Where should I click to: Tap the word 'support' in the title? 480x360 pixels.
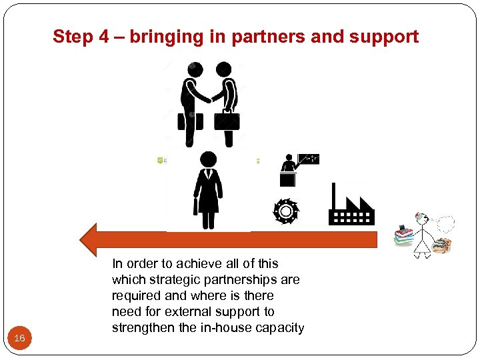tap(383, 37)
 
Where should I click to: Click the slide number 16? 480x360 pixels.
tap(19, 339)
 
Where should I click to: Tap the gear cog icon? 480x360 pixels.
tap(286, 211)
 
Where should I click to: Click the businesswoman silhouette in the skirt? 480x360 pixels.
tap(208, 190)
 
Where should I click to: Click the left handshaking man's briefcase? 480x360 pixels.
tap(189, 121)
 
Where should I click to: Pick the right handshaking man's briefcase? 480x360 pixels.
tap(227, 121)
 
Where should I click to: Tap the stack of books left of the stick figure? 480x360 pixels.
tap(403, 236)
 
